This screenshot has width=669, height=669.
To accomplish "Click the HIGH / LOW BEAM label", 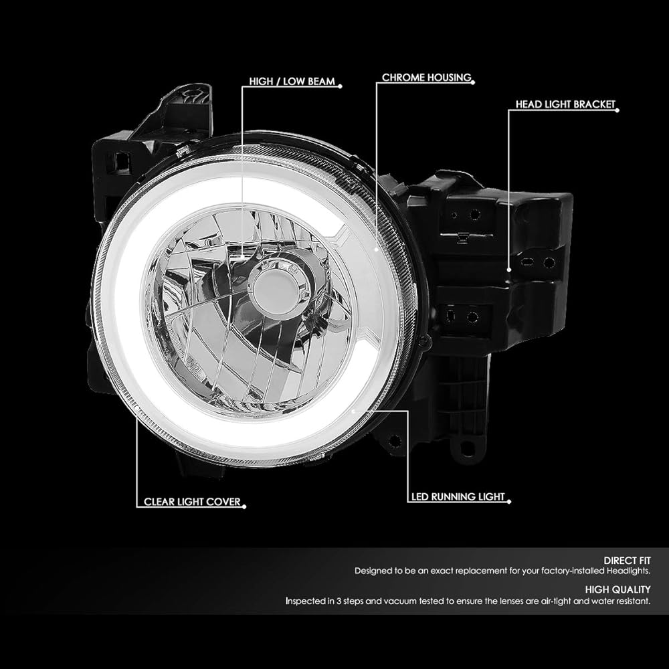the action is [x=292, y=81].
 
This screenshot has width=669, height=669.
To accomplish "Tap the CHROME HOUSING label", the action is [x=427, y=77].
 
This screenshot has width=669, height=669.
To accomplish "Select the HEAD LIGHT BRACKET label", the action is [x=565, y=104].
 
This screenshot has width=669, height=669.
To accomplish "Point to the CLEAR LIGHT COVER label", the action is [x=192, y=502].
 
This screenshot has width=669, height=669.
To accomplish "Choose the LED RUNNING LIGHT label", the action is [x=458, y=496].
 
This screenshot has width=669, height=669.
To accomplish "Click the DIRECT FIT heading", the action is [x=627, y=560].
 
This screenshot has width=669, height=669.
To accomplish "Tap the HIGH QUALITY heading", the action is [x=617, y=589].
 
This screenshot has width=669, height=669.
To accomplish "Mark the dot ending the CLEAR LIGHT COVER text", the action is [x=244, y=507].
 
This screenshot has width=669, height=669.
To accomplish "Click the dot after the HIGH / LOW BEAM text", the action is [x=340, y=86].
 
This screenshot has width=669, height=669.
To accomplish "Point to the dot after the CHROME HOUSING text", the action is [x=473, y=83].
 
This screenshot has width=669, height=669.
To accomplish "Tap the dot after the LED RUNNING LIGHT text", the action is [x=509, y=502].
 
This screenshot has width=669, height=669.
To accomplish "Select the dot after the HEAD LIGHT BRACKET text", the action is [x=617, y=110].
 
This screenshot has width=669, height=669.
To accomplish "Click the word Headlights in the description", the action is [x=628, y=571].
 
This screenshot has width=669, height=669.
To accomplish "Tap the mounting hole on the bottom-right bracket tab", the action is [x=467, y=448].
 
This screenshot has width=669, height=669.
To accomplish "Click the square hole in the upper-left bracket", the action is [x=122, y=160].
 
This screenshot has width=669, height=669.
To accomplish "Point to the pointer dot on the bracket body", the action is [x=508, y=270].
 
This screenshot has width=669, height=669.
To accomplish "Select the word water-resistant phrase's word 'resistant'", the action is [x=632, y=601].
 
